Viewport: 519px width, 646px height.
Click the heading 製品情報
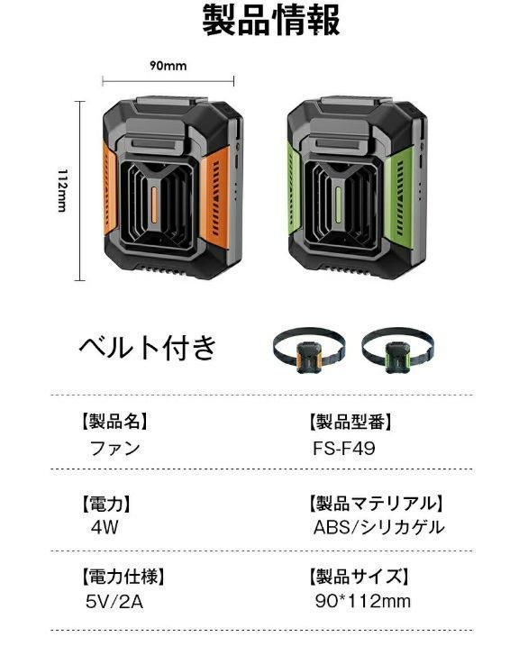tap(271, 20)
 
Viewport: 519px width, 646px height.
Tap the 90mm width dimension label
tap(168, 66)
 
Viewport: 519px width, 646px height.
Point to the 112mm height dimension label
tap(62, 190)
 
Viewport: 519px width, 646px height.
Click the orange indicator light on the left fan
tap(154, 205)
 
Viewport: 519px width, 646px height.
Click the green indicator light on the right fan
tap(338, 205)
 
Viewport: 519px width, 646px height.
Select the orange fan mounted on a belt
tap(308, 350)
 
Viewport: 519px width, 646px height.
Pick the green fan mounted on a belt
tap(398, 350)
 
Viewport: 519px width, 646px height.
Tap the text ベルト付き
tap(148, 347)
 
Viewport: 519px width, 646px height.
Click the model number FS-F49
tap(344, 449)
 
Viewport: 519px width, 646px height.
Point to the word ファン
tap(115, 449)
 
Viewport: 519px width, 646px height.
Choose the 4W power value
tap(105, 527)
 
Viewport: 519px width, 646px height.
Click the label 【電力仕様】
tap(123, 577)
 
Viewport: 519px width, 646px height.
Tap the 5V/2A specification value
tap(114, 602)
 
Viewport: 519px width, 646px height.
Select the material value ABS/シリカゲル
tap(379, 527)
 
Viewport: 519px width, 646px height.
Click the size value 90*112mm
tap(363, 601)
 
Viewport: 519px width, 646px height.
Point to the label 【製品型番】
tap(351, 422)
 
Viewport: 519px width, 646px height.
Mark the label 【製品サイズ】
tap(359, 577)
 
